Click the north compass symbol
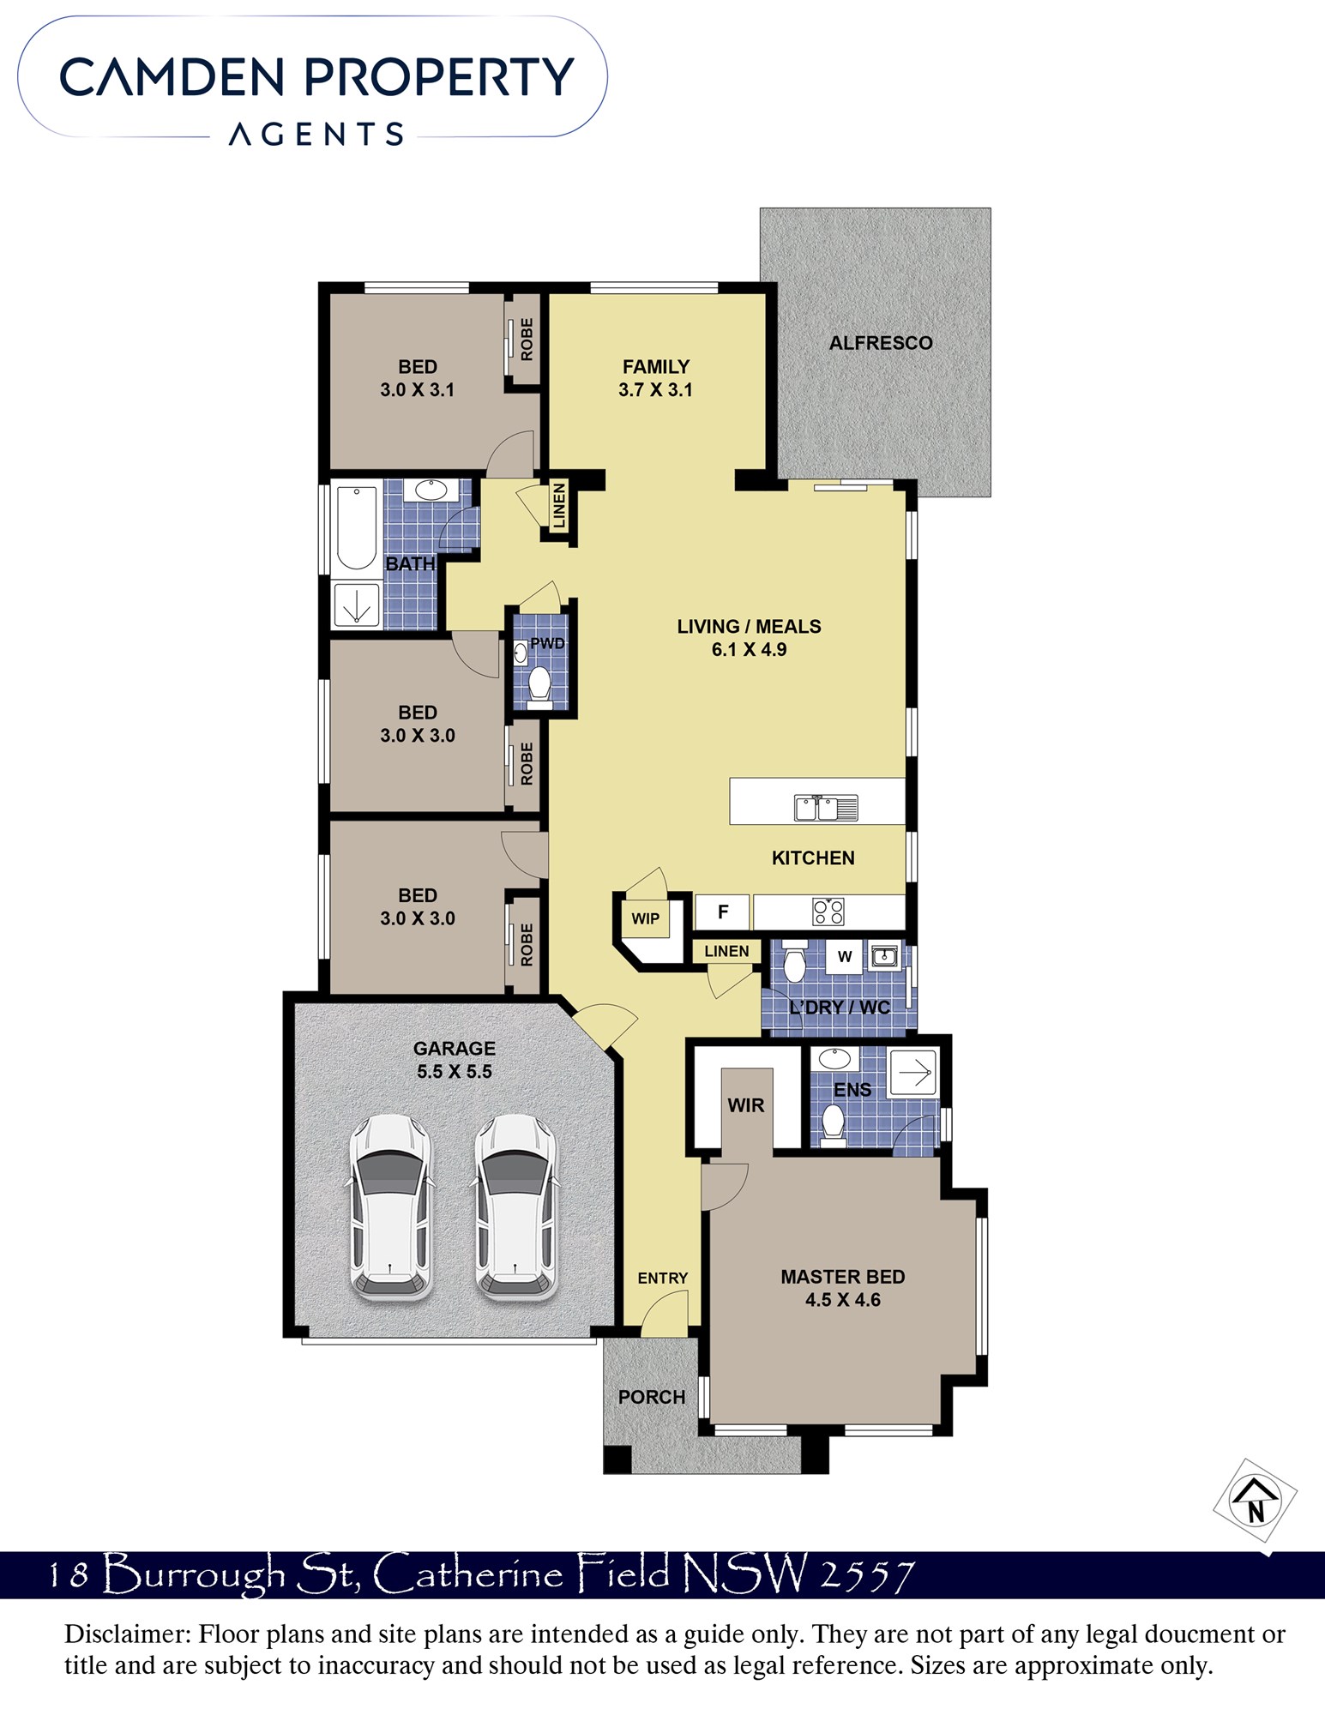click(x=1256, y=1501)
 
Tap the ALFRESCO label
click(x=881, y=343)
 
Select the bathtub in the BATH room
click(x=357, y=528)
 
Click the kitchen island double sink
click(x=826, y=808)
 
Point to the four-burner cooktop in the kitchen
click(x=828, y=912)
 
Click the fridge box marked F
click(x=722, y=912)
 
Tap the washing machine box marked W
click(x=845, y=957)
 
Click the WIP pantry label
click(x=646, y=919)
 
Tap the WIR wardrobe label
click(x=746, y=1105)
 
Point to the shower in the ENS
click(x=914, y=1073)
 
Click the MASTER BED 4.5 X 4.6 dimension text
click(x=843, y=1300)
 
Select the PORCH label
click(x=652, y=1398)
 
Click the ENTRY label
click(x=663, y=1279)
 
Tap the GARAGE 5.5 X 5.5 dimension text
click(x=455, y=1072)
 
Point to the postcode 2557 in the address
click(x=868, y=1576)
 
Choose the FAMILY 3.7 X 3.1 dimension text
click(x=656, y=390)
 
